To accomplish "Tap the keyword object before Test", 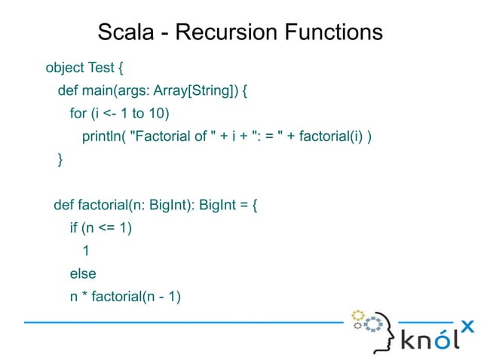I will pos(65,69).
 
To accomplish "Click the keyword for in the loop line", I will pos(78,114).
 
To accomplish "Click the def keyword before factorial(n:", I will pos(63,205).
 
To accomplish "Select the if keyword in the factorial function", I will pos(74,227).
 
